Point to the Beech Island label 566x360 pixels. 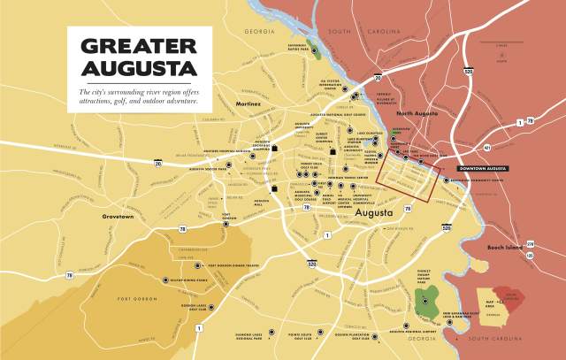click(506, 247)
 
